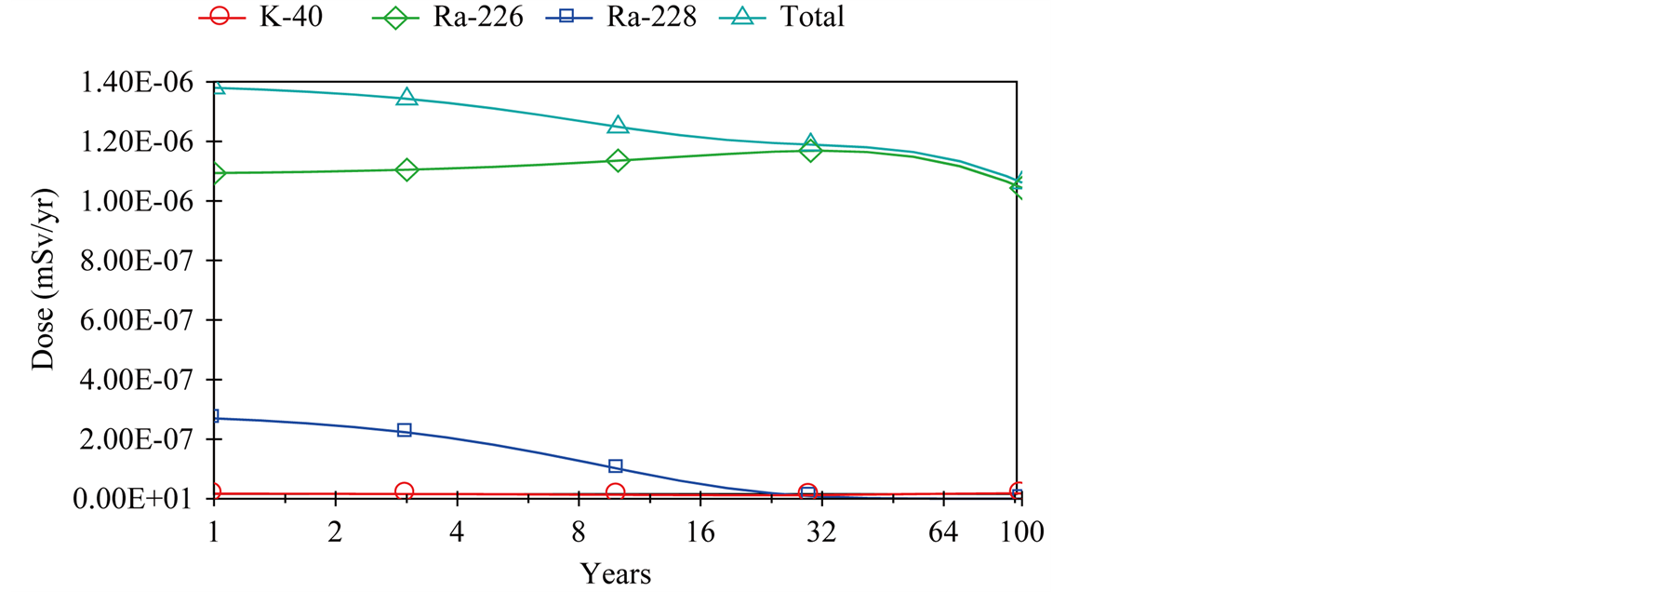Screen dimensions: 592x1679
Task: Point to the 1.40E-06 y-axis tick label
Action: [x=137, y=83]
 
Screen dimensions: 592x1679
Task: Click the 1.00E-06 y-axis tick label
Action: [x=137, y=202]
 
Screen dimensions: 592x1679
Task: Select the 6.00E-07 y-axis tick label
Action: [x=137, y=321]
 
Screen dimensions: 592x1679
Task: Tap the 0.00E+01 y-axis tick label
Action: [x=137, y=500]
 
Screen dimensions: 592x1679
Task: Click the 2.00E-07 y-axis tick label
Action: [x=137, y=440]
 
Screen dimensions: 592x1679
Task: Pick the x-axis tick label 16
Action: [x=700, y=532]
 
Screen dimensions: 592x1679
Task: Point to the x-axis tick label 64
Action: [x=942, y=532]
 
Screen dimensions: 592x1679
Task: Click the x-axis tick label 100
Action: [x=1020, y=532]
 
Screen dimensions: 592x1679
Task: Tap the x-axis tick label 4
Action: [x=456, y=532]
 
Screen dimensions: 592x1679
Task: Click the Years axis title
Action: [x=615, y=573]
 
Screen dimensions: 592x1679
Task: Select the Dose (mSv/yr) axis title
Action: [x=43, y=279]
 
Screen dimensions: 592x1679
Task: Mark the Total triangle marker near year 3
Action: [x=406, y=97]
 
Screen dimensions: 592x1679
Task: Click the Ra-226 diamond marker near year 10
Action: [x=617, y=161]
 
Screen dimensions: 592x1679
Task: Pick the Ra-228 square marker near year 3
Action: [x=405, y=430]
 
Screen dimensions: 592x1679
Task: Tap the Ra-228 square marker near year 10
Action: [x=615, y=466]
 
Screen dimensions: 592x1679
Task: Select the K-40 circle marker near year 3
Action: [x=404, y=491]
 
